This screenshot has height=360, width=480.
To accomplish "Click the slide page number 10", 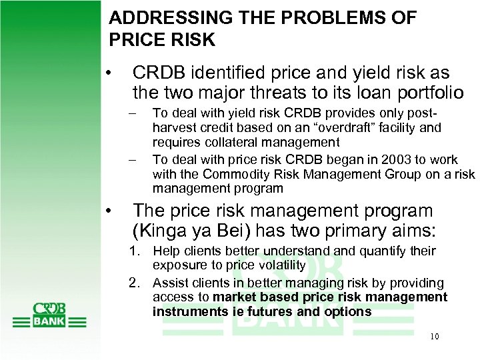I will click(434, 336).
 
